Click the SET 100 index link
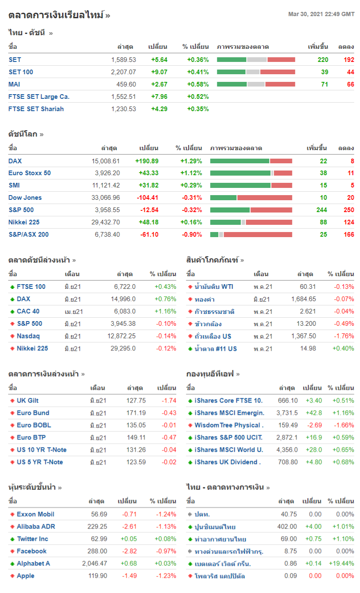pos(21,72)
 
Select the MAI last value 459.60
pos(126,84)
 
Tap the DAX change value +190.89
pos(146,161)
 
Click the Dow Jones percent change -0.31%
pos(192,198)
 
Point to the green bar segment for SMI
pos(240,185)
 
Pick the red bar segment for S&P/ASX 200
pos(258,235)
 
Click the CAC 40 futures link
pos(28,311)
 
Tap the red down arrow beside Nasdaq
pos(12,336)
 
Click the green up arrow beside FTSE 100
pos(12,287)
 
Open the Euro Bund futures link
pos(33,413)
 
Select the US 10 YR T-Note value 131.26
pos(136,450)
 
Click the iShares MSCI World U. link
pos(228,450)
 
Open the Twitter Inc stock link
pos(32,539)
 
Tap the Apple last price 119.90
pos(98,576)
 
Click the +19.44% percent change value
pos(341,564)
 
